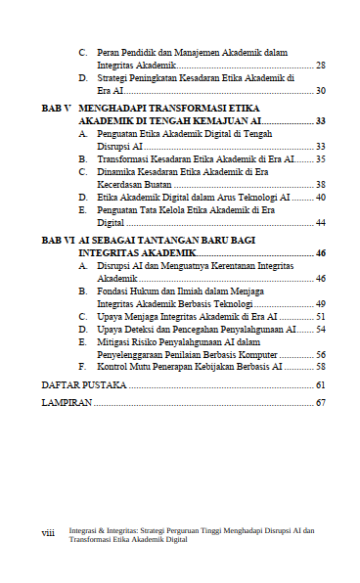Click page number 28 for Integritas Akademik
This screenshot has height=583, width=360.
321,65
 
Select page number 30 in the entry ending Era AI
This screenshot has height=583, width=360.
321,90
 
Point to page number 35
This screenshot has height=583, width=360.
321,158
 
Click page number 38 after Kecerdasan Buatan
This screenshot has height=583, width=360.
321,184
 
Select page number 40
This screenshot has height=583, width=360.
321,197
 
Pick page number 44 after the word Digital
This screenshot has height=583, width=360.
321,222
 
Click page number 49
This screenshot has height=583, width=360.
321,304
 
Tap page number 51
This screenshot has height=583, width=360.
321,317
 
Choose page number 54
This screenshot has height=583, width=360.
321,330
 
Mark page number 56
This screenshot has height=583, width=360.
321,355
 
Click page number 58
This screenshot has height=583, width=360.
321,368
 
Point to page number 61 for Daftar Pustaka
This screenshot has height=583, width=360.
321,385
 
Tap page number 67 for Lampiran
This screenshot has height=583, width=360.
321,403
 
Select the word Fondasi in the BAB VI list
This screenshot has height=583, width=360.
113,291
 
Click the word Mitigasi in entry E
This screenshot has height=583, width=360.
114,342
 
